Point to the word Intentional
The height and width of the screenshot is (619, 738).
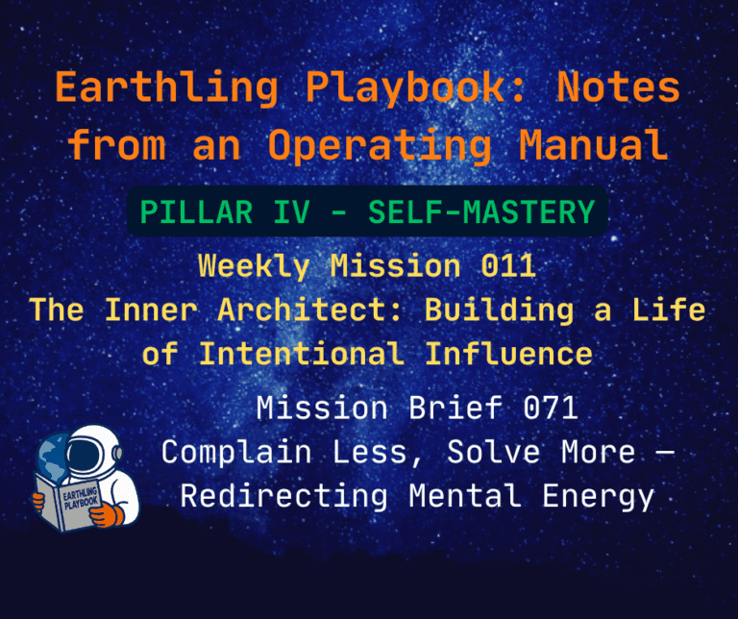[301, 354]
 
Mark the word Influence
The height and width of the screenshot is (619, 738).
[509, 354]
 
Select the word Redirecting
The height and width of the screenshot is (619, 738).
[284, 496]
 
